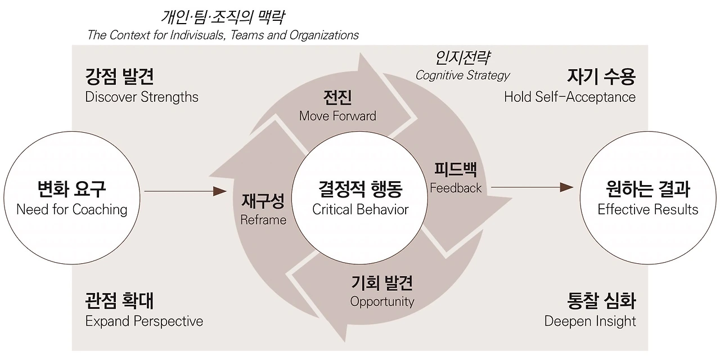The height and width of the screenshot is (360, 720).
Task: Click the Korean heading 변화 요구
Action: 72,189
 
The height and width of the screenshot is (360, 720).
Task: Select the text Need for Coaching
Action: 72,210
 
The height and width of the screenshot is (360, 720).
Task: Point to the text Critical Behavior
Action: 361,210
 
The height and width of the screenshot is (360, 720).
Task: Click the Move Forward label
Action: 337,116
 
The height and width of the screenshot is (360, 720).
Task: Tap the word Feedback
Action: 456,188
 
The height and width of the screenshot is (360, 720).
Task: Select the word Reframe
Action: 263,220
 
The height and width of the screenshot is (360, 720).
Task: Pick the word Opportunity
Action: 382,301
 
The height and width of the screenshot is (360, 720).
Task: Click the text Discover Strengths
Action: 142,97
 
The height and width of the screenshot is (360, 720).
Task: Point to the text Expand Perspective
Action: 144,321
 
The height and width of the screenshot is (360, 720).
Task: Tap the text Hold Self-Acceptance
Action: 570,97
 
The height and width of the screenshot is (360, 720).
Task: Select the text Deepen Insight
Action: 590,321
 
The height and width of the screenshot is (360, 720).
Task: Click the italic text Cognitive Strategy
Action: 462,75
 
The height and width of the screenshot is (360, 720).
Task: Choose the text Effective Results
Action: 648,210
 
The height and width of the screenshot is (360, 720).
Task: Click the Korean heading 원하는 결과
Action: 648,189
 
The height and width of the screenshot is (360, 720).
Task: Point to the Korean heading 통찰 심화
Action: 601,300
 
